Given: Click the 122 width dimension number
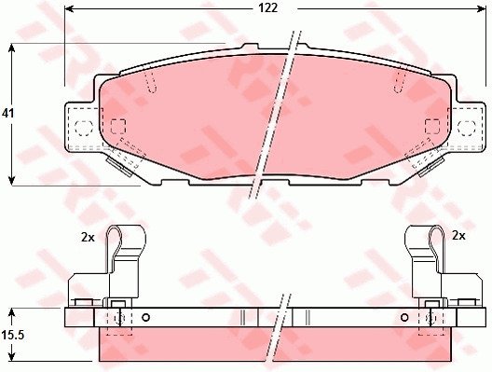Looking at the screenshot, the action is click(268, 8).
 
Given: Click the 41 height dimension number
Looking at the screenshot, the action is click(7, 114).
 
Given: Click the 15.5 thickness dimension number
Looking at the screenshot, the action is click(12, 336).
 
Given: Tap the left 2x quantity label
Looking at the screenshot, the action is click(88, 238).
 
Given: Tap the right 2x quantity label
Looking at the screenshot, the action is click(458, 235).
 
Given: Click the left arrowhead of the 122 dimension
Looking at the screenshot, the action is click(69, 8).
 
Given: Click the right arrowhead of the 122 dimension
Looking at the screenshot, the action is click(482, 8).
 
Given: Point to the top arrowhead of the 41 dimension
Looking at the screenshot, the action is click(11, 48).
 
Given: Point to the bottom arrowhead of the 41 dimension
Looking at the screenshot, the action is click(11, 180).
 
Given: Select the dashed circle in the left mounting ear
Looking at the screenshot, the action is click(84, 128).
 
